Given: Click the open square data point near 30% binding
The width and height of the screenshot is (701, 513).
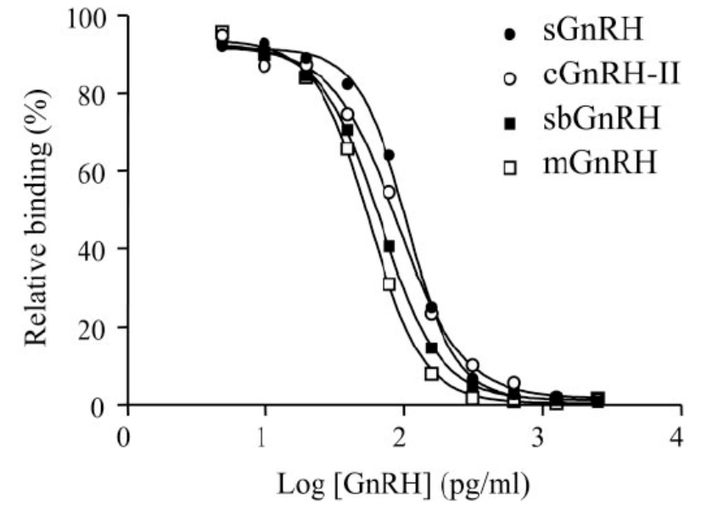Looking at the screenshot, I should pos(390,284).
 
